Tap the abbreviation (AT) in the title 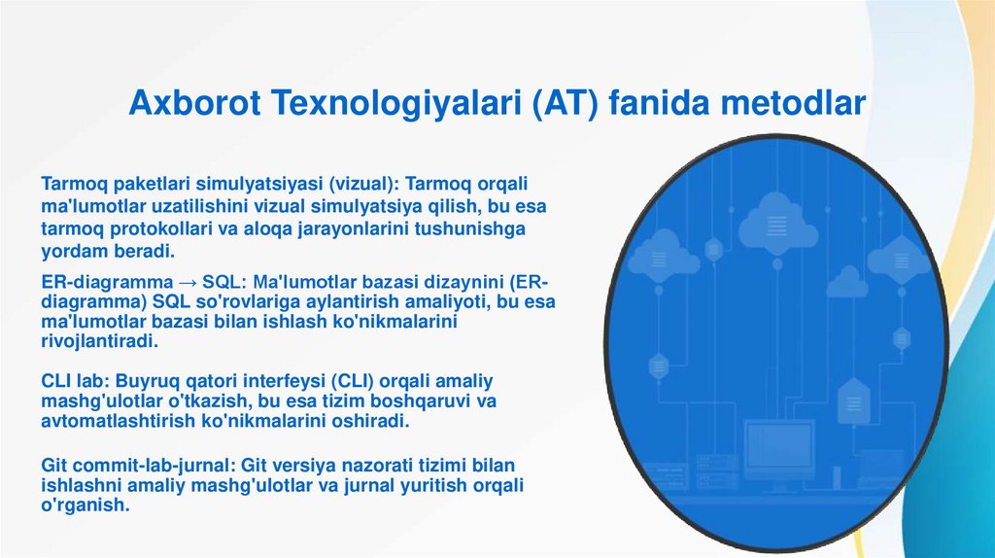point(565,103)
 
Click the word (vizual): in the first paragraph point(363,184)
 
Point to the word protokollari point(161,229)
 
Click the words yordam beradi point(108,251)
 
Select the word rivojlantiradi point(100,341)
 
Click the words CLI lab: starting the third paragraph point(76,381)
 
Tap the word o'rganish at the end point(86,506)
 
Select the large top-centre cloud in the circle point(778,223)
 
